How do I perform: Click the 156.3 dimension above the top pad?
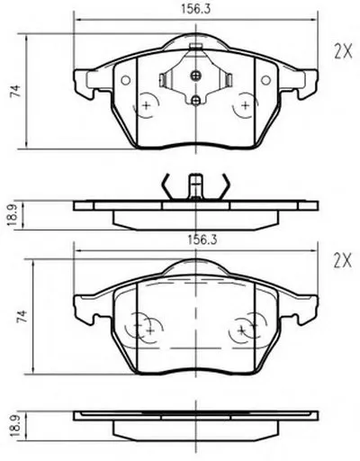point(195,9)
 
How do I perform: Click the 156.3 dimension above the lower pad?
point(202,240)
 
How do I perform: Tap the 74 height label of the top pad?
point(15,91)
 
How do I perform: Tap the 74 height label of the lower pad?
point(22,317)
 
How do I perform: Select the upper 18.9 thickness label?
point(13,215)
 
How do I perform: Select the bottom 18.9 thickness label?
point(14,426)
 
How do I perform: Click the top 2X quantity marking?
point(343,52)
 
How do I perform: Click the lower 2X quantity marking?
point(343,261)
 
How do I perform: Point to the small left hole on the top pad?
point(125,80)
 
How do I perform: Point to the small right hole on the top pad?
point(265,80)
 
